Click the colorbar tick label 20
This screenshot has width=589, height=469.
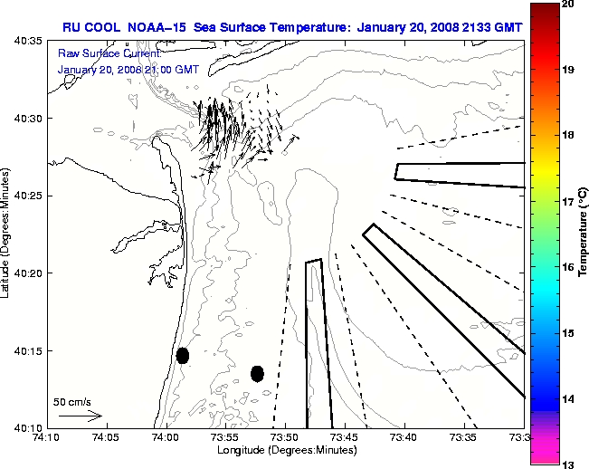[x=568, y=5]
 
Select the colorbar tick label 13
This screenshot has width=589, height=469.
[x=568, y=463]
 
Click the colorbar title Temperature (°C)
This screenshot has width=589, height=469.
[x=584, y=234]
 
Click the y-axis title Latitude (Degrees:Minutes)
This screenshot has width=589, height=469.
[x=8, y=234]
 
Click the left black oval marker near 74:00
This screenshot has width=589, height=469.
[x=183, y=355]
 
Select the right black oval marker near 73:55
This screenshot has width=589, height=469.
[x=257, y=373]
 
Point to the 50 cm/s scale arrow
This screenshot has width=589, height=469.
[x=80, y=416]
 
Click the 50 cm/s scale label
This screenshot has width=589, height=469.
[x=72, y=401]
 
